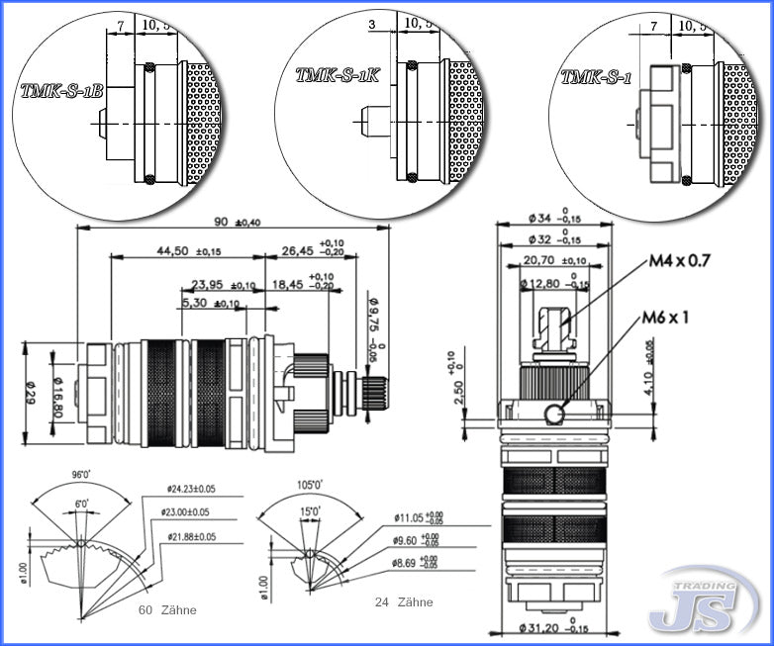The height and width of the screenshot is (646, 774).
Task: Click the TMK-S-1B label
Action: point(60,90)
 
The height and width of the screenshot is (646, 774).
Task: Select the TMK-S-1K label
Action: point(338,74)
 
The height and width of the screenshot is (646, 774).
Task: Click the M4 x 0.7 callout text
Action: point(680,261)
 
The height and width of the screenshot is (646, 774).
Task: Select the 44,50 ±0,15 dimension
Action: point(187,251)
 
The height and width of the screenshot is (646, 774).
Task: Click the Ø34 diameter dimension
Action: point(539,218)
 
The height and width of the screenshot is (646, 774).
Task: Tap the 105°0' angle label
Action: point(311,486)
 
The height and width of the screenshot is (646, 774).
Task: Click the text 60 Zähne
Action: point(168,610)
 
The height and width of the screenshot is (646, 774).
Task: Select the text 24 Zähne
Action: point(404,601)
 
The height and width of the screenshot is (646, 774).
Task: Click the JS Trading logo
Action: point(699,600)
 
